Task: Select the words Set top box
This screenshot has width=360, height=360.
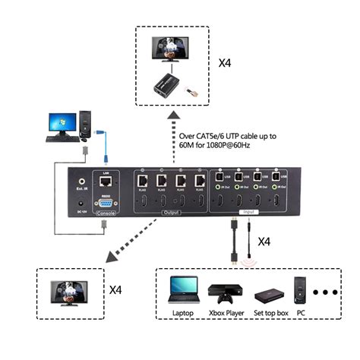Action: click(x=270, y=314)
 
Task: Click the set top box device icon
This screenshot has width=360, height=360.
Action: click(x=269, y=295)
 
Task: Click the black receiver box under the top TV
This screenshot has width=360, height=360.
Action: click(x=169, y=85)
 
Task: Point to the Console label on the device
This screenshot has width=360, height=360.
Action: click(x=106, y=214)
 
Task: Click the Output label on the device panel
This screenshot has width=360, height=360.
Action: click(x=172, y=214)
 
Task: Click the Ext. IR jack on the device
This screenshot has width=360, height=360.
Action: click(x=82, y=182)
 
